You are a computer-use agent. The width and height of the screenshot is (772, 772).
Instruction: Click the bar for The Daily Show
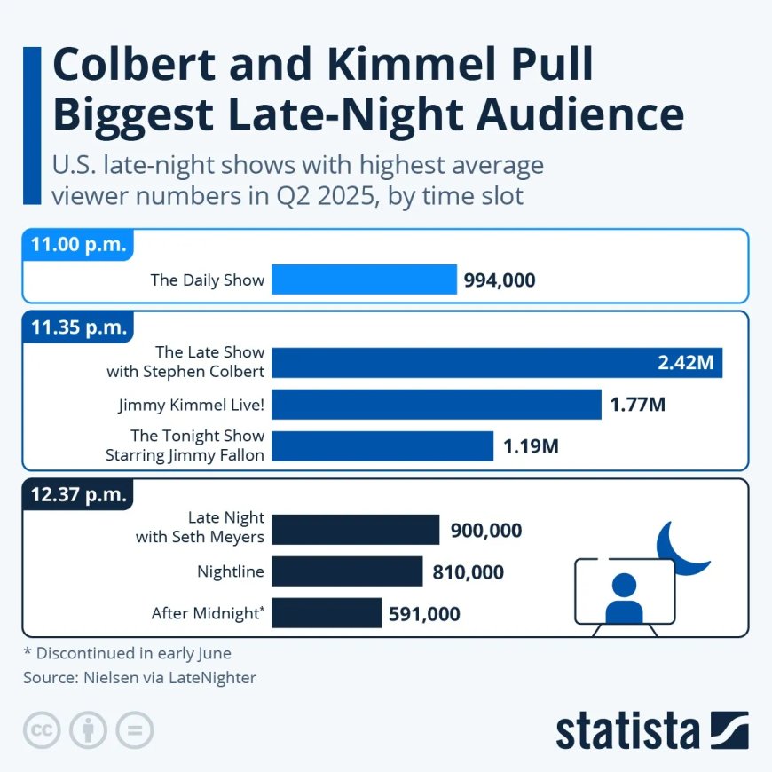point(364,280)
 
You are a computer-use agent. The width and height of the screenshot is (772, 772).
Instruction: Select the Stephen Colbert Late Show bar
point(497,363)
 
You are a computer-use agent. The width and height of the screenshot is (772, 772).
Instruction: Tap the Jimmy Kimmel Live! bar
point(436,405)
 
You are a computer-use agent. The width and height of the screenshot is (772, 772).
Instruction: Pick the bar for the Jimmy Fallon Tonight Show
point(382,446)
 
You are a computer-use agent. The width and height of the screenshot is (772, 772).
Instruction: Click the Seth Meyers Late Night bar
point(355,530)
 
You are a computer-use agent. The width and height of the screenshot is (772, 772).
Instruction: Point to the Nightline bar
point(347,571)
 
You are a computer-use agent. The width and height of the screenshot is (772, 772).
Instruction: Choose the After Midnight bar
point(327,613)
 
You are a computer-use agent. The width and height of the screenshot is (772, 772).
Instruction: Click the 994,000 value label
point(500,280)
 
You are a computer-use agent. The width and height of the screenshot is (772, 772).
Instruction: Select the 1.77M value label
point(637,406)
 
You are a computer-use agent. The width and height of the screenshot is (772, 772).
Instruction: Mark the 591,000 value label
point(424,613)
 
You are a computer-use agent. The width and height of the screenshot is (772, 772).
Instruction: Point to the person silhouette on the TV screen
point(623,599)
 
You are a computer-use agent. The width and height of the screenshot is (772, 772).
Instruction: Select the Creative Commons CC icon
point(40,730)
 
